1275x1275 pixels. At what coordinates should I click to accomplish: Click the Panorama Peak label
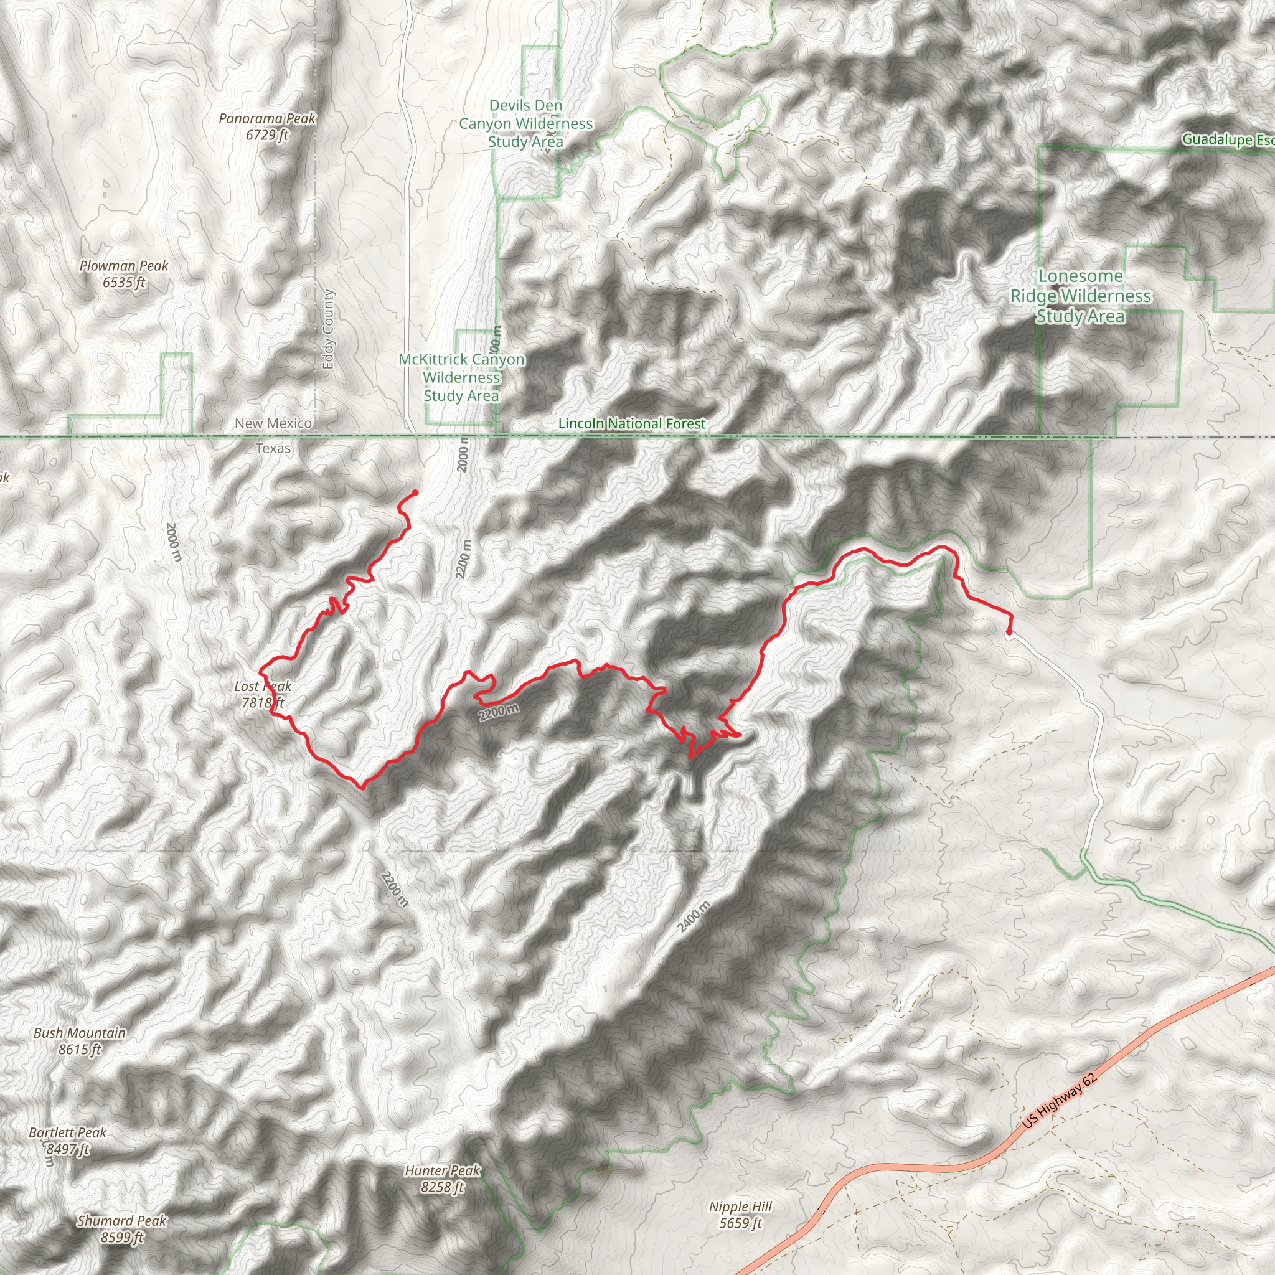point(267,126)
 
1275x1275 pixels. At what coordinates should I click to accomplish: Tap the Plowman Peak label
point(124,274)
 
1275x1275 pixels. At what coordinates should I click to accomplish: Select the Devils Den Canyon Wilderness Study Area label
point(526,123)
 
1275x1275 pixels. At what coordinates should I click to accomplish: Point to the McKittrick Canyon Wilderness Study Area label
point(461,377)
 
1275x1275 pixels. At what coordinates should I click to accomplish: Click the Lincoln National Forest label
point(631,424)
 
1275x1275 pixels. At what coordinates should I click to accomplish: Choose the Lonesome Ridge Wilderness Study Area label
point(1080,296)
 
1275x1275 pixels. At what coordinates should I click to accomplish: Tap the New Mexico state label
point(273,424)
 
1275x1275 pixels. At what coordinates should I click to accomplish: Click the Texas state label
point(273,449)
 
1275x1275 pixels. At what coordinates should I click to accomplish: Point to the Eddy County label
point(329,329)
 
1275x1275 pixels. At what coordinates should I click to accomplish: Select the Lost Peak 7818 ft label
point(263,695)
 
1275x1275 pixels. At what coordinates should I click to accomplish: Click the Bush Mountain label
point(80,1041)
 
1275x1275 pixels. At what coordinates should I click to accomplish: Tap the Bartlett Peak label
point(67,1141)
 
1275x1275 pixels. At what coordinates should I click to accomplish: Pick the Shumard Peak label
point(122,1229)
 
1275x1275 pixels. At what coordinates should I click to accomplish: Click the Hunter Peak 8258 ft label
point(443,1179)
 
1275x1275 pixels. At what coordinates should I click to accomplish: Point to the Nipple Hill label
point(740,1214)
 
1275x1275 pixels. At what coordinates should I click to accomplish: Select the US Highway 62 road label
point(1060,1100)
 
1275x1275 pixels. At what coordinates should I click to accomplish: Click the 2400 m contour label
point(694,916)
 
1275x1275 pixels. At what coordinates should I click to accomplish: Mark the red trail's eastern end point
point(1009,633)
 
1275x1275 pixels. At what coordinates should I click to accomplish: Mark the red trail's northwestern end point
point(415,492)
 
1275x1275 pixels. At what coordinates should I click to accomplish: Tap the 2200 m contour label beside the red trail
point(499,712)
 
